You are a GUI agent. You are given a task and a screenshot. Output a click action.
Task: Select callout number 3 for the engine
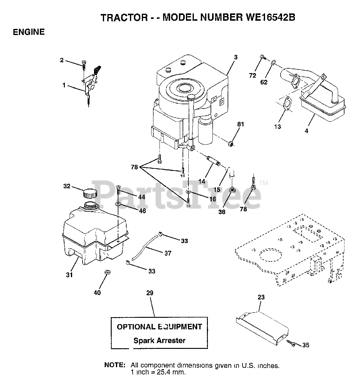236,57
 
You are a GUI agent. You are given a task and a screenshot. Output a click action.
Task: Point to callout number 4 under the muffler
306,131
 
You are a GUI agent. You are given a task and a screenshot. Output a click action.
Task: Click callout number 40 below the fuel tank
97,293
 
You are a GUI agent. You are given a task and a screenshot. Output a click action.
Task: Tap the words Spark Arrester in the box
159,340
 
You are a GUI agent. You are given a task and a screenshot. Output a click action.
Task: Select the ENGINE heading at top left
29,32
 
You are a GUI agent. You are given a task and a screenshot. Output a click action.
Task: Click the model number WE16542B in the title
269,18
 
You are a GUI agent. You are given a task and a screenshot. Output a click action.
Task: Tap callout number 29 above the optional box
150,293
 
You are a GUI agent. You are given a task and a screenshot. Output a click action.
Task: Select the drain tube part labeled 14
213,161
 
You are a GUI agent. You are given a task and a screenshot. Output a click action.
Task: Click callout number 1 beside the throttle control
64,86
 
